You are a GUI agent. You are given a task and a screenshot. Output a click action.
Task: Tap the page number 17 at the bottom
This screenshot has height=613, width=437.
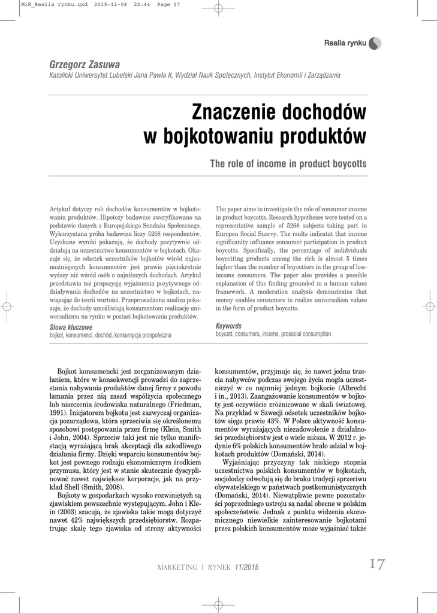(x=377, y=565)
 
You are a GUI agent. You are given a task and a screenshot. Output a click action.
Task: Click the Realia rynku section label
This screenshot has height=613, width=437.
(x=345, y=43)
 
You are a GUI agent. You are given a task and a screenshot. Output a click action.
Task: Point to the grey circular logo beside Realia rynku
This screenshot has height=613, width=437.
(x=375, y=43)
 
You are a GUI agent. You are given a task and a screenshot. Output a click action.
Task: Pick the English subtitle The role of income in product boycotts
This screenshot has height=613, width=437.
(x=288, y=163)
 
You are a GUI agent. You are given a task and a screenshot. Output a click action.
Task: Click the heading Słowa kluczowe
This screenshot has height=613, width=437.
(x=71, y=327)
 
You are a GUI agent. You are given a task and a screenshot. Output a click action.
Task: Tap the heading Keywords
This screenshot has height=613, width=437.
(x=228, y=326)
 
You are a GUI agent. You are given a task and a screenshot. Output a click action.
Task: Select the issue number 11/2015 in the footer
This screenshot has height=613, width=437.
(x=247, y=567)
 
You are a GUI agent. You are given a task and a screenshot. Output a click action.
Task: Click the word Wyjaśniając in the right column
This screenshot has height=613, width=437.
(x=242, y=463)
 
